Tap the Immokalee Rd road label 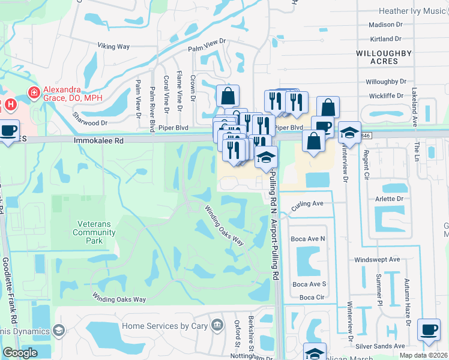98,140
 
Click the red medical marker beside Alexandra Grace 34,92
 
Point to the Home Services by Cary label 164,326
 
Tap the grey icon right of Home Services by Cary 217,326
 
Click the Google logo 20,353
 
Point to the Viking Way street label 113,46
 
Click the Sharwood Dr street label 89,119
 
